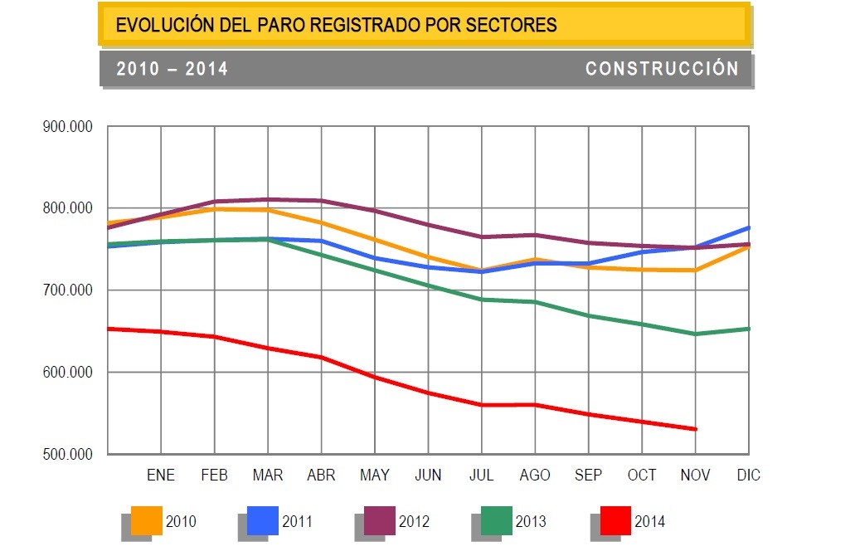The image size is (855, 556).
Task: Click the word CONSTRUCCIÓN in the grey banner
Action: tap(662, 69)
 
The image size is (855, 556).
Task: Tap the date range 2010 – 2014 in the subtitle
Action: tap(172, 69)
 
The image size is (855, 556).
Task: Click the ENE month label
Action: tap(161, 476)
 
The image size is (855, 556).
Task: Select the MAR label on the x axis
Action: tap(268, 476)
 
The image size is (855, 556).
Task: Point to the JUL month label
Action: tap(481, 476)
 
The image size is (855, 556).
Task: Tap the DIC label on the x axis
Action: tap(748, 476)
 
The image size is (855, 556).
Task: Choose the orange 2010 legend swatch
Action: tap(146, 521)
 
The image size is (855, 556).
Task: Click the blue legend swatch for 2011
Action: tap(263, 521)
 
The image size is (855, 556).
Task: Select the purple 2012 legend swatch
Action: tap(380, 521)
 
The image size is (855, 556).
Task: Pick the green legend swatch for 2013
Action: tap(497, 521)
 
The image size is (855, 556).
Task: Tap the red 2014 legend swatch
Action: tap(615, 521)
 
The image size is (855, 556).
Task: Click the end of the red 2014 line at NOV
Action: tap(696, 429)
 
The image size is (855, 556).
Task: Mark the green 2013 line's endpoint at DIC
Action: tap(749, 329)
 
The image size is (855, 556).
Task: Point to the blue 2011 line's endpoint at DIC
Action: tap(749, 227)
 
